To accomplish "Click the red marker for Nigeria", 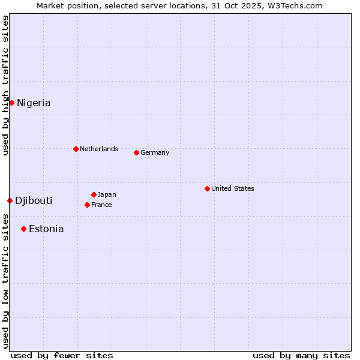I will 11,103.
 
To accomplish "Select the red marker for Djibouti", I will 10,200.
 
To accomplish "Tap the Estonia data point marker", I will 23,229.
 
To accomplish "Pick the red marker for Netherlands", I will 76,149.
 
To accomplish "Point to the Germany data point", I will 136,152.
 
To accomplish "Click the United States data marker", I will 207,188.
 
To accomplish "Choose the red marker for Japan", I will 94,194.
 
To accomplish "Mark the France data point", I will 87,205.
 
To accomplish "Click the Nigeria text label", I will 34,103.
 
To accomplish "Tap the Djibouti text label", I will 34,201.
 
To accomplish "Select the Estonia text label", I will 46,229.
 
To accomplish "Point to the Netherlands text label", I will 99,149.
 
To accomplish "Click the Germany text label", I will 155,152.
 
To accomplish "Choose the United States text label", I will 233,188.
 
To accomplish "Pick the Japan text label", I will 107,194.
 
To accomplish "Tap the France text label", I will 101,205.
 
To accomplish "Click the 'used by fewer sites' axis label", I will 62,355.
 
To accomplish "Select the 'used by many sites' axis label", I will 301,355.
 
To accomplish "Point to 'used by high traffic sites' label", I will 5,85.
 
